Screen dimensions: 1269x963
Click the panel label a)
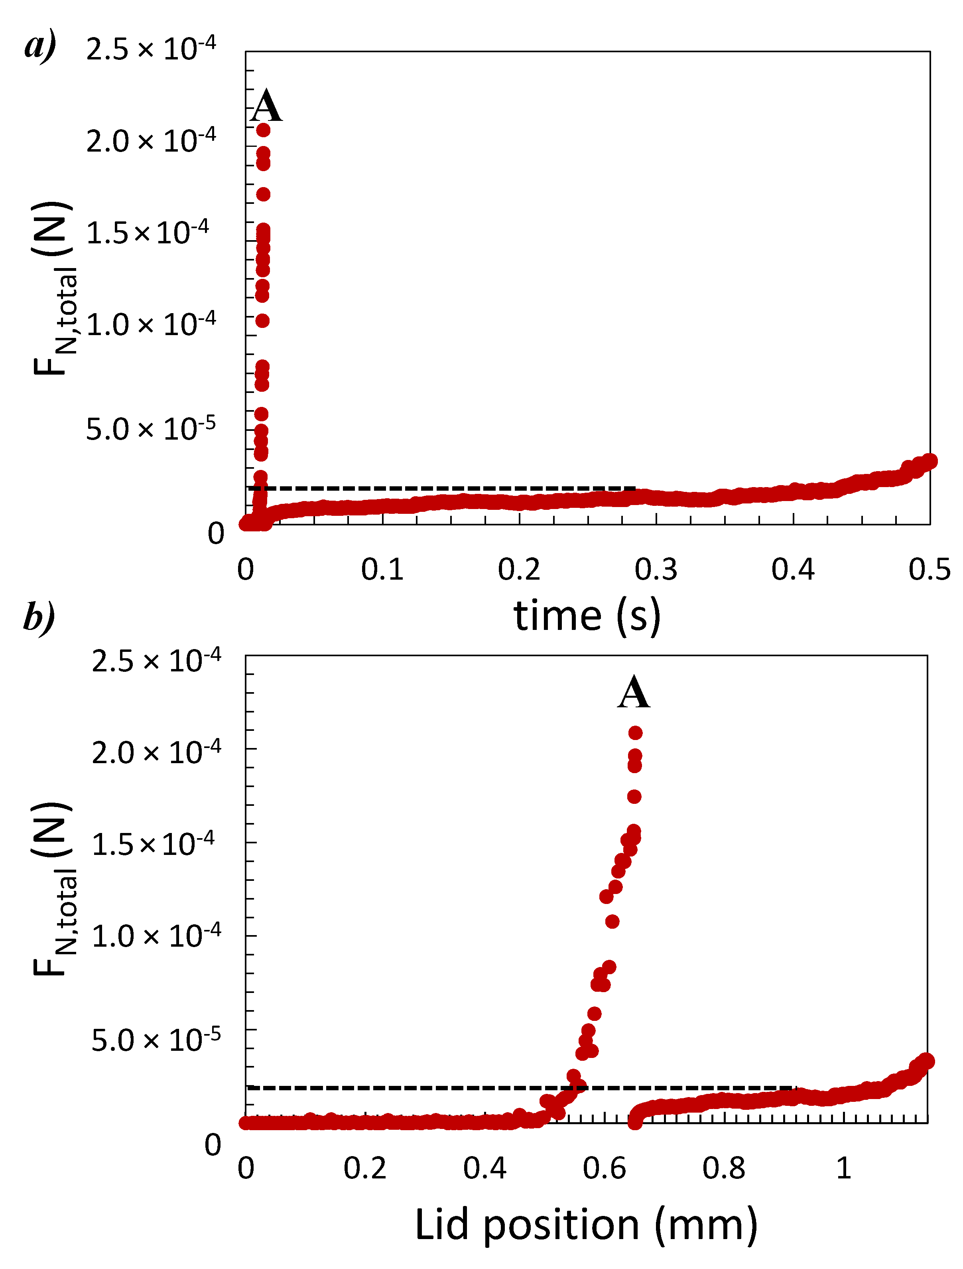(x=40, y=45)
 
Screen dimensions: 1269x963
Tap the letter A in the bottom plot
(x=634, y=693)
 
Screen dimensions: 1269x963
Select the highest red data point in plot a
(x=263, y=130)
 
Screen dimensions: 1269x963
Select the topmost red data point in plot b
(x=636, y=732)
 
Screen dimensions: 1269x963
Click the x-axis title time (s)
(x=587, y=616)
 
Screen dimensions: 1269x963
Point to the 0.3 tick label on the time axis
(x=656, y=569)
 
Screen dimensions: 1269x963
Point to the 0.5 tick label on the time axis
(x=929, y=569)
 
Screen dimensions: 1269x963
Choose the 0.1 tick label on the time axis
(x=382, y=569)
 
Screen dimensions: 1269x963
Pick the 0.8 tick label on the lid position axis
(x=723, y=1168)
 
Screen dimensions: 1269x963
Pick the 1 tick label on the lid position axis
(x=843, y=1168)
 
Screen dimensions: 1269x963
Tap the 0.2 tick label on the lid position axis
(x=365, y=1168)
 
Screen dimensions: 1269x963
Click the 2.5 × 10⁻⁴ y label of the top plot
(x=151, y=49)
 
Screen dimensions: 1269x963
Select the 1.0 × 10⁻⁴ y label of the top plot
(x=151, y=325)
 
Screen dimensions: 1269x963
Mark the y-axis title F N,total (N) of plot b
(x=53, y=889)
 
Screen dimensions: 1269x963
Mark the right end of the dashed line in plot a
(x=634, y=488)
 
